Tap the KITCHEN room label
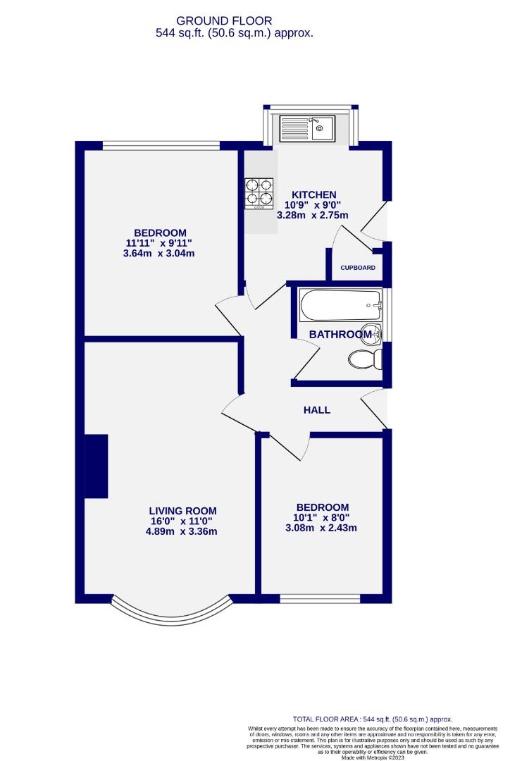coord(314,194)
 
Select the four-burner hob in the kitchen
coord(259,193)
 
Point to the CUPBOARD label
coord(358,268)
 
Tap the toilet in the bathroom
coord(364,359)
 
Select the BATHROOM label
coord(340,334)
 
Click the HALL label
coord(316,410)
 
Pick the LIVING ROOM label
coord(182,511)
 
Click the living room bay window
coord(172,614)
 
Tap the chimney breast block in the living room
coord(96,466)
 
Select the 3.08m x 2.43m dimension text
coord(322,528)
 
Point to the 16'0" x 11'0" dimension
coord(182,521)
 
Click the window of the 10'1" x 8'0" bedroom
coord(320,599)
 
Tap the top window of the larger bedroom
coord(161,146)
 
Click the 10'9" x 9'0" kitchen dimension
coord(314,205)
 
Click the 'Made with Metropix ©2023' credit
coord(373,757)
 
